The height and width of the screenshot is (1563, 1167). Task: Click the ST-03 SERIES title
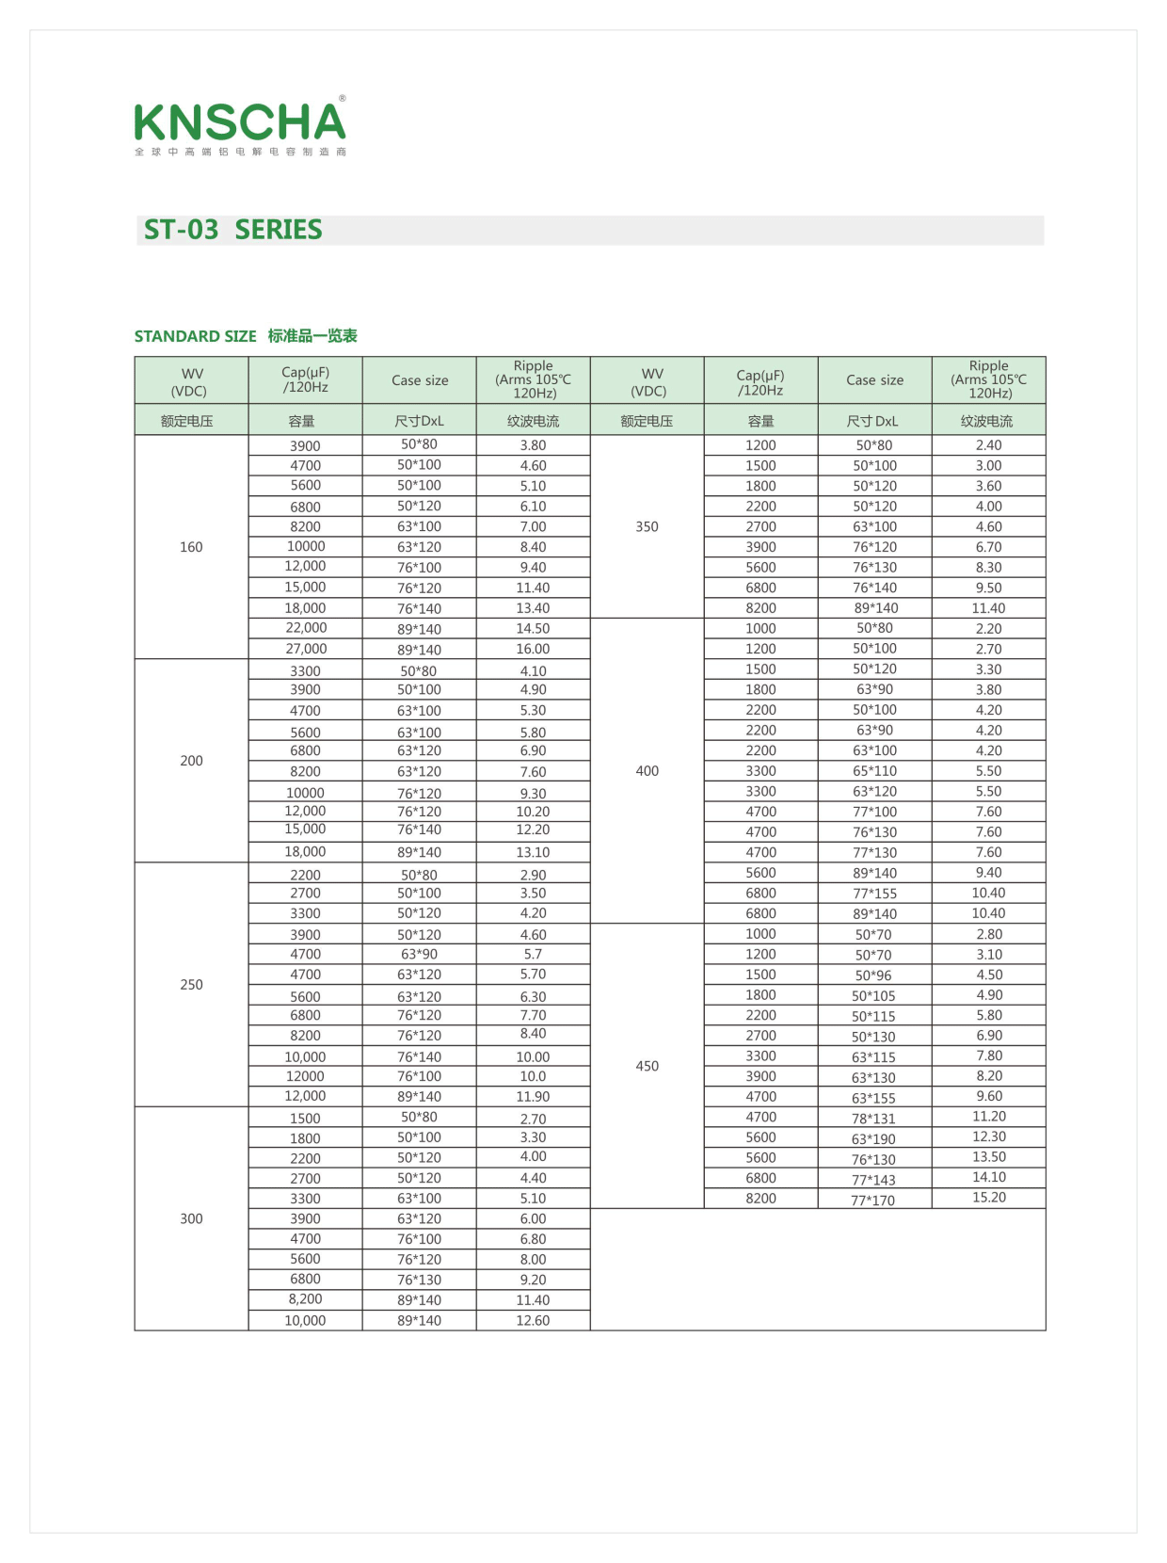pyautogui.click(x=232, y=230)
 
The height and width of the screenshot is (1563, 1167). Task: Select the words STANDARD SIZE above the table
pyautogui.click(x=195, y=336)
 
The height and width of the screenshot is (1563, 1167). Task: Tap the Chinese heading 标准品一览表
pyautogui.click(x=312, y=336)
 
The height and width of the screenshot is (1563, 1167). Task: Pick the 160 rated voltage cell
pyautogui.click(x=191, y=547)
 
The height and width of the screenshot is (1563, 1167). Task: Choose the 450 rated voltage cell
pyautogui.click(x=647, y=1066)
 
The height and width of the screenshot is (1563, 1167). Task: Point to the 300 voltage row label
pyautogui.click(x=191, y=1218)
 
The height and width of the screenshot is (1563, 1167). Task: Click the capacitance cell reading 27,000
pyautogui.click(x=306, y=649)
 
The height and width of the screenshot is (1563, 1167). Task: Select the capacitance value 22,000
pyautogui.click(x=306, y=628)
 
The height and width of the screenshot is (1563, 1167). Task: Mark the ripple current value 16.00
pyautogui.click(x=533, y=649)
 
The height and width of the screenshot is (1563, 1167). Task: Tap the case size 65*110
pyautogui.click(x=874, y=771)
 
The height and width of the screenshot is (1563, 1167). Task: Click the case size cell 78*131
pyautogui.click(x=873, y=1119)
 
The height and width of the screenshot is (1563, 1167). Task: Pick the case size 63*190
pyautogui.click(x=873, y=1139)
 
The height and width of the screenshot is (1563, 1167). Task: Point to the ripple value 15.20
pyautogui.click(x=988, y=1198)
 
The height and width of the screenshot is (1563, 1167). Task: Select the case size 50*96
pyautogui.click(x=873, y=975)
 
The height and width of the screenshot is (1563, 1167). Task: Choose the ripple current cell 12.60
pyautogui.click(x=533, y=1320)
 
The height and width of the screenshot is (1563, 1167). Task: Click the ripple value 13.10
pyautogui.click(x=533, y=852)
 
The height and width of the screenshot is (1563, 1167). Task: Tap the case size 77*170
pyautogui.click(x=873, y=1200)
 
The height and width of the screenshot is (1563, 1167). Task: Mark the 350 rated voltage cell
pyautogui.click(x=647, y=526)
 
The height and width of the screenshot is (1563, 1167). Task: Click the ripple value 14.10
pyautogui.click(x=988, y=1177)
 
